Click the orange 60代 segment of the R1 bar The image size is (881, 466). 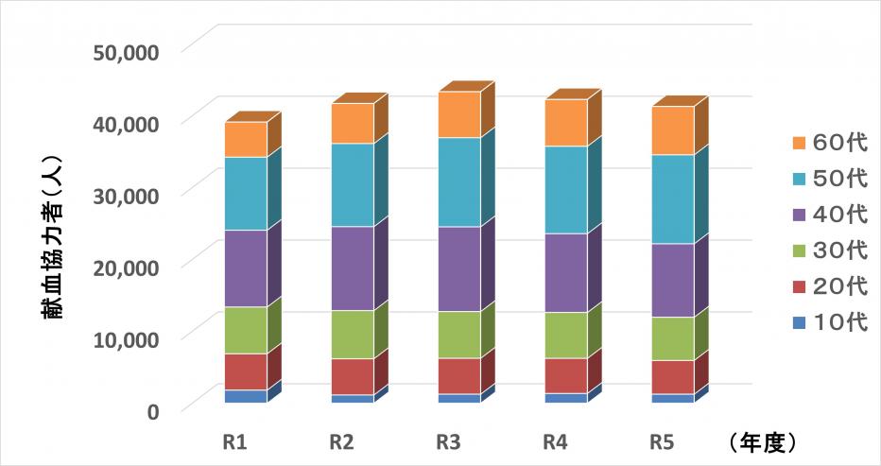point(246,140)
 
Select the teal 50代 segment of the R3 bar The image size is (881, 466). point(459,181)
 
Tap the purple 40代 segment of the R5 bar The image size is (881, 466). point(673,280)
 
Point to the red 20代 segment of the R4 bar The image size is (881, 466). point(566,375)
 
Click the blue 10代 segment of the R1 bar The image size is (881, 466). point(246,396)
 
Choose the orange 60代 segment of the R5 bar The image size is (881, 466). point(673,130)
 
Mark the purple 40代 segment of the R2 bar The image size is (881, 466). point(353,268)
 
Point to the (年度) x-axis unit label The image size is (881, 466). point(763,440)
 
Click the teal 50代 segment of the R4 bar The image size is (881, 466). point(566,190)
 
